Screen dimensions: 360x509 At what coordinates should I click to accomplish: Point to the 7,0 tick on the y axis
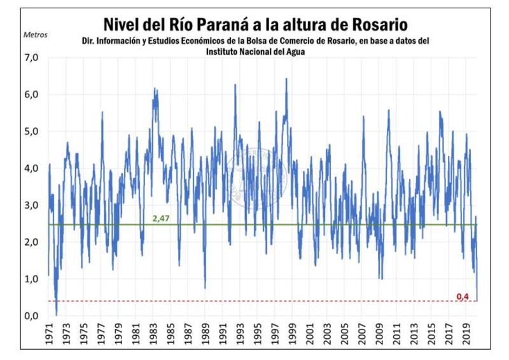point(31,57)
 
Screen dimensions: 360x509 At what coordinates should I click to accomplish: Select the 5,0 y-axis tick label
point(31,132)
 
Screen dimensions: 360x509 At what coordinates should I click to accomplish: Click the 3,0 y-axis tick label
point(31,205)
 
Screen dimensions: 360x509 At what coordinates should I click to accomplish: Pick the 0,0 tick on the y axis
point(31,316)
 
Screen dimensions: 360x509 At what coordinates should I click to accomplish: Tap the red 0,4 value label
point(463,296)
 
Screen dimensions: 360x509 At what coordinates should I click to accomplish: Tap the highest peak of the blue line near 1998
point(286,79)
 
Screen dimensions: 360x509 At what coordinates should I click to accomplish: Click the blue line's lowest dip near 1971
point(57,314)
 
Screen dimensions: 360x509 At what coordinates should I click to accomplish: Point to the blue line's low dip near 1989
point(205,287)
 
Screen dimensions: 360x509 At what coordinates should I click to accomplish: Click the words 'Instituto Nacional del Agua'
point(254,52)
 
